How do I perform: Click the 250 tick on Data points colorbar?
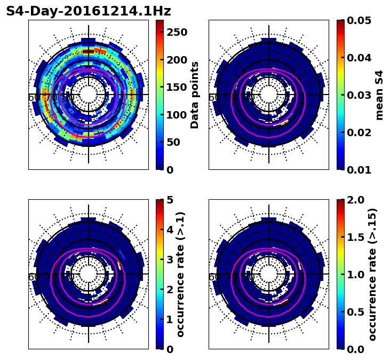176,32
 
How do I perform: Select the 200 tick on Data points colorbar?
176,60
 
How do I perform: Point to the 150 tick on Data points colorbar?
176,87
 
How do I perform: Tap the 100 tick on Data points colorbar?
176,115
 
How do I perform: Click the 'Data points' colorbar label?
195,95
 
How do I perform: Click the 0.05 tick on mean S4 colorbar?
360,20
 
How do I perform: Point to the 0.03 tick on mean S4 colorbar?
360,95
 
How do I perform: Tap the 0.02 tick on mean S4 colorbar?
360,132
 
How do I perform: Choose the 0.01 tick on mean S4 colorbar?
360,170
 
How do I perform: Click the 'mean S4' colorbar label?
379,95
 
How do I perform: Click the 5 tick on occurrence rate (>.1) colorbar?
170,200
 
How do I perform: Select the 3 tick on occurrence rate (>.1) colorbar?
170,260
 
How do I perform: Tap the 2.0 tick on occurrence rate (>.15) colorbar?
355,200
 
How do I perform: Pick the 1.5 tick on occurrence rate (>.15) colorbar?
355,237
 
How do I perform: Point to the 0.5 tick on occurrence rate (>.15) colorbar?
355,312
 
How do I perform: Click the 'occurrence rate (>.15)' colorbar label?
372,274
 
